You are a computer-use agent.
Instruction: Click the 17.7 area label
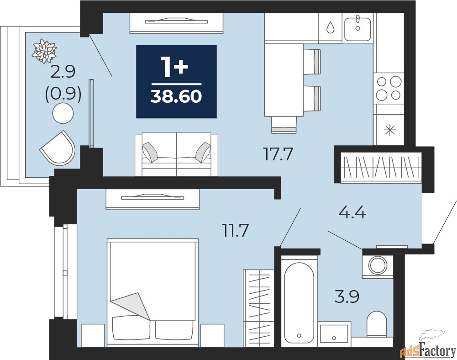coord(278,154)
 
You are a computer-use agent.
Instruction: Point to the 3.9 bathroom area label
coord(347,296)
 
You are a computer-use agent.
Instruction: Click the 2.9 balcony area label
coord(63,72)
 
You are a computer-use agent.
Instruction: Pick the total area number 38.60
coord(176,96)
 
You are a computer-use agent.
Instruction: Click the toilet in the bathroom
coord(376,324)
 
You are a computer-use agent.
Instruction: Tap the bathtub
coord(299,302)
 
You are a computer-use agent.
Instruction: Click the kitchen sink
coord(357,29)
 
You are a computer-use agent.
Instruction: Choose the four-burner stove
coord(389,88)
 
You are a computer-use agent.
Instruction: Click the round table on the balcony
coord(63,113)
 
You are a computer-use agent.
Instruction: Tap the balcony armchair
coord(58,147)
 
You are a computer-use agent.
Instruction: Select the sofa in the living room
coord(176,154)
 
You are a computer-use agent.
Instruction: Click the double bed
coord(152,292)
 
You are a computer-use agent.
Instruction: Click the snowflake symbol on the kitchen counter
coord(389,130)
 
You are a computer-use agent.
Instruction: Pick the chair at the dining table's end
coord(284,125)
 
